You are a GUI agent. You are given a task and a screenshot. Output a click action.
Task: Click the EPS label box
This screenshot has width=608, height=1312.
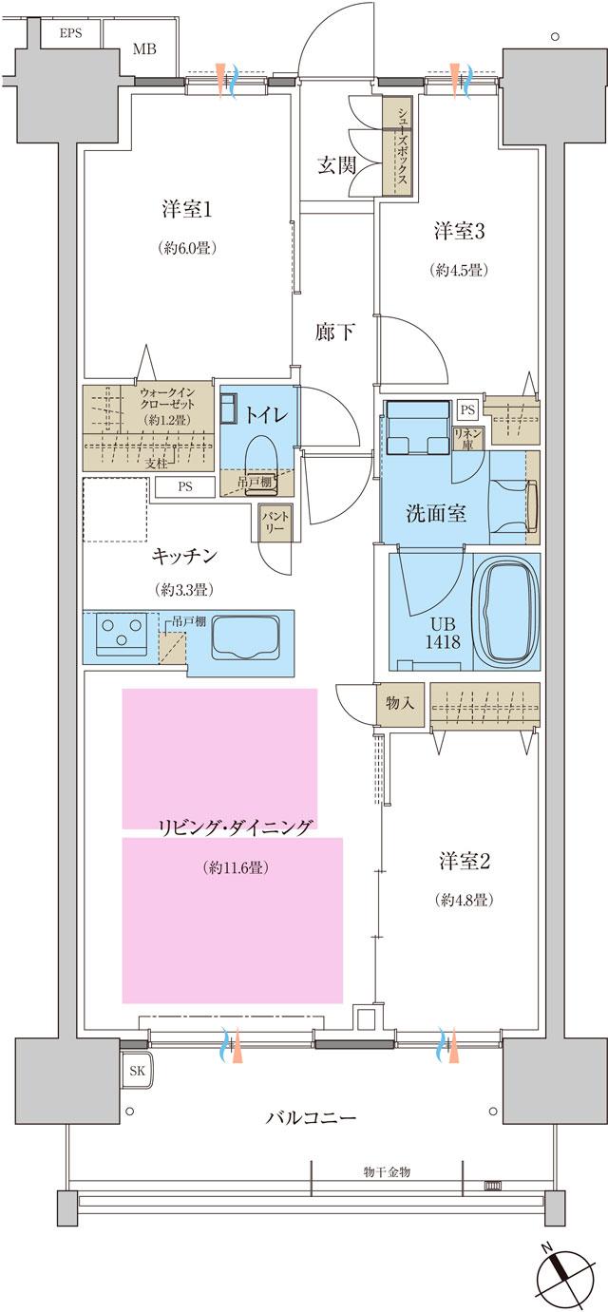(x=70, y=33)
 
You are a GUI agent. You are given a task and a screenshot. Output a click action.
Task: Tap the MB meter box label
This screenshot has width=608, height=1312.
(x=144, y=49)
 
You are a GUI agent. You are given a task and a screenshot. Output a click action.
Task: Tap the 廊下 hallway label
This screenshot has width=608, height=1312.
(x=335, y=332)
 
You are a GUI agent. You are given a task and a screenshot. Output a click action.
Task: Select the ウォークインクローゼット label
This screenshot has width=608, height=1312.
(x=169, y=398)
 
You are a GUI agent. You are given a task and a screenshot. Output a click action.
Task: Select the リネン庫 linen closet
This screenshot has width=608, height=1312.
(x=473, y=438)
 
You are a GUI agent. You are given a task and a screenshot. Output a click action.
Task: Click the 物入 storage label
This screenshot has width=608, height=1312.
(x=398, y=703)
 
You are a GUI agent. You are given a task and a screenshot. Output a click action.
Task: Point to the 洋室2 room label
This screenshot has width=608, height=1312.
(x=465, y=862)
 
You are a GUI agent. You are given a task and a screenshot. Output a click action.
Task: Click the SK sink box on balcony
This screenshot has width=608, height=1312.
(x=137, y=1071)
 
